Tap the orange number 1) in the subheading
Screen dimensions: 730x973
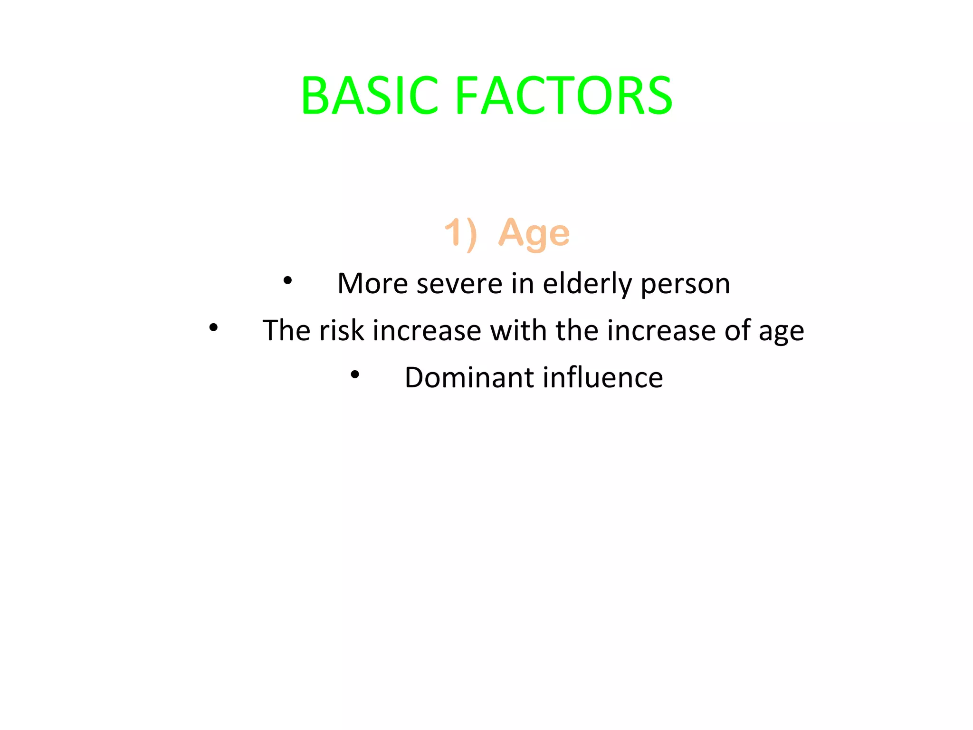pos(460,233)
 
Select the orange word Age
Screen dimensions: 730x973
pos(534,233)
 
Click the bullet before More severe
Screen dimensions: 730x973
pos(287,280)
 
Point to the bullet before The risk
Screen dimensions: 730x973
pos(213,327)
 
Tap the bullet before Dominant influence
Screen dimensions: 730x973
pos(355,375)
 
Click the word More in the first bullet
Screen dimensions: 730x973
pos(372,284)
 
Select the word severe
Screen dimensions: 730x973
pos(459,284)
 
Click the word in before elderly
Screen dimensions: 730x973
pos(522,284)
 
